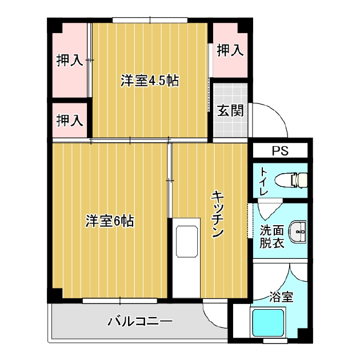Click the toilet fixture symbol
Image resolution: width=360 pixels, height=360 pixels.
291,180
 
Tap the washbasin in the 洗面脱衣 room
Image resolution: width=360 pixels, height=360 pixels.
298,231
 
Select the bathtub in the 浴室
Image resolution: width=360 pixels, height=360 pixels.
268,323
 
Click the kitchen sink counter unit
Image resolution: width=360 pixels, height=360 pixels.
186,258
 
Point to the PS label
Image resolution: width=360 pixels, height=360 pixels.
280,151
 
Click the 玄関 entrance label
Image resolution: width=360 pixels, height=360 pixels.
230,111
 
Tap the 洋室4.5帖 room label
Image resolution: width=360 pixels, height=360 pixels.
150,81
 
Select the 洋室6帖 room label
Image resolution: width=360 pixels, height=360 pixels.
110,221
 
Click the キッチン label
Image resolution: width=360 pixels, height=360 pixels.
217,214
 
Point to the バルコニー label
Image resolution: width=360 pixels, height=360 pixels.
140,321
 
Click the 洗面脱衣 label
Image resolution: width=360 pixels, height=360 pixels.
272,237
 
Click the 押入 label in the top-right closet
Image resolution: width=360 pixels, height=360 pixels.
230,50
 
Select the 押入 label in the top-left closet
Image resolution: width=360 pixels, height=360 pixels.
70,61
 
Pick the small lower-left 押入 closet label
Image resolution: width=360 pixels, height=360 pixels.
70,121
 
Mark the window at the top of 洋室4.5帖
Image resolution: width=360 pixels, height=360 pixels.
150,20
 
